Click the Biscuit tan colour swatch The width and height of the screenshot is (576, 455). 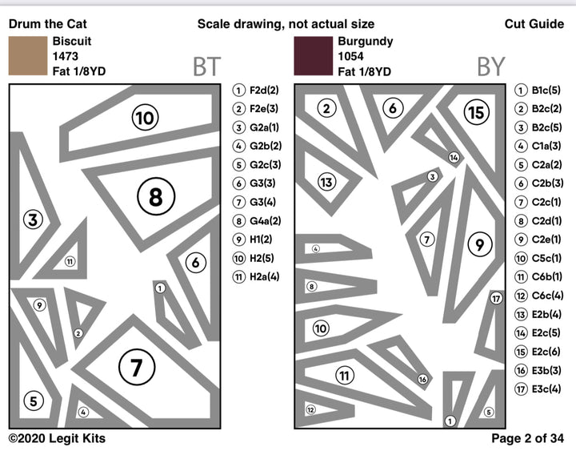coord(28,56)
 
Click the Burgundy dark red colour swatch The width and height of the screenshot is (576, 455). coord(313,56)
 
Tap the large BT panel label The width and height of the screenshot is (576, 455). coord(206,67)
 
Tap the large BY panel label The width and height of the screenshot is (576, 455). coord(490,67)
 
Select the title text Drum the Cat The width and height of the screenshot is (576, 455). coord(47,24)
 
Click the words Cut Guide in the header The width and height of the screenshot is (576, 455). coord(534,24)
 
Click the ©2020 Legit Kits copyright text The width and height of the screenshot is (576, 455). coord(57,438)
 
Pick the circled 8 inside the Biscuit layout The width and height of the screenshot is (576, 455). coord(155,195)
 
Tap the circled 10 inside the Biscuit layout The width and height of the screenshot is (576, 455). coord(144,119)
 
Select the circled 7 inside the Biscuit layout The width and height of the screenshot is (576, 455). coord(136,368)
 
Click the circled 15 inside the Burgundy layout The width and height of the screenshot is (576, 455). coord(476,113)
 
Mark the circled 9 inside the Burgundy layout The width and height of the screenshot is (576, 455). coord(478,245)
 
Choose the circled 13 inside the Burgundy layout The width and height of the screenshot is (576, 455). coord(326,182)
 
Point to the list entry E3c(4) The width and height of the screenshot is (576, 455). coord(544,389)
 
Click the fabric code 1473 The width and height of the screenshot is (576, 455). coord(66,56)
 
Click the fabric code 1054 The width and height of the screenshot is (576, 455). coord(351,56)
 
